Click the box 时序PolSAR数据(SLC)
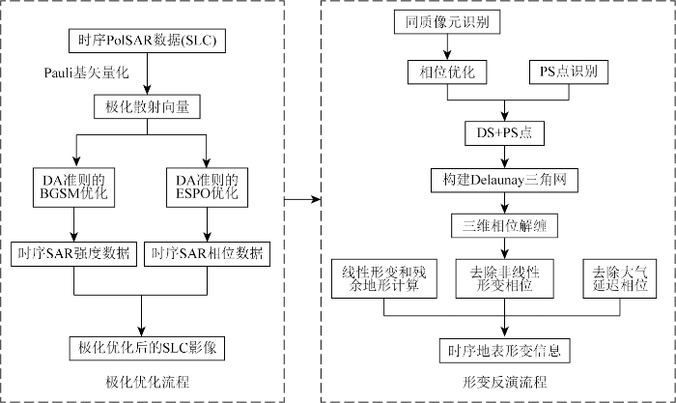[x=143, y=41]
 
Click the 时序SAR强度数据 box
[x=74, y=254]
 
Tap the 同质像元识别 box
[x=442, y=21]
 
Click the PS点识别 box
[x=568, y=72]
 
